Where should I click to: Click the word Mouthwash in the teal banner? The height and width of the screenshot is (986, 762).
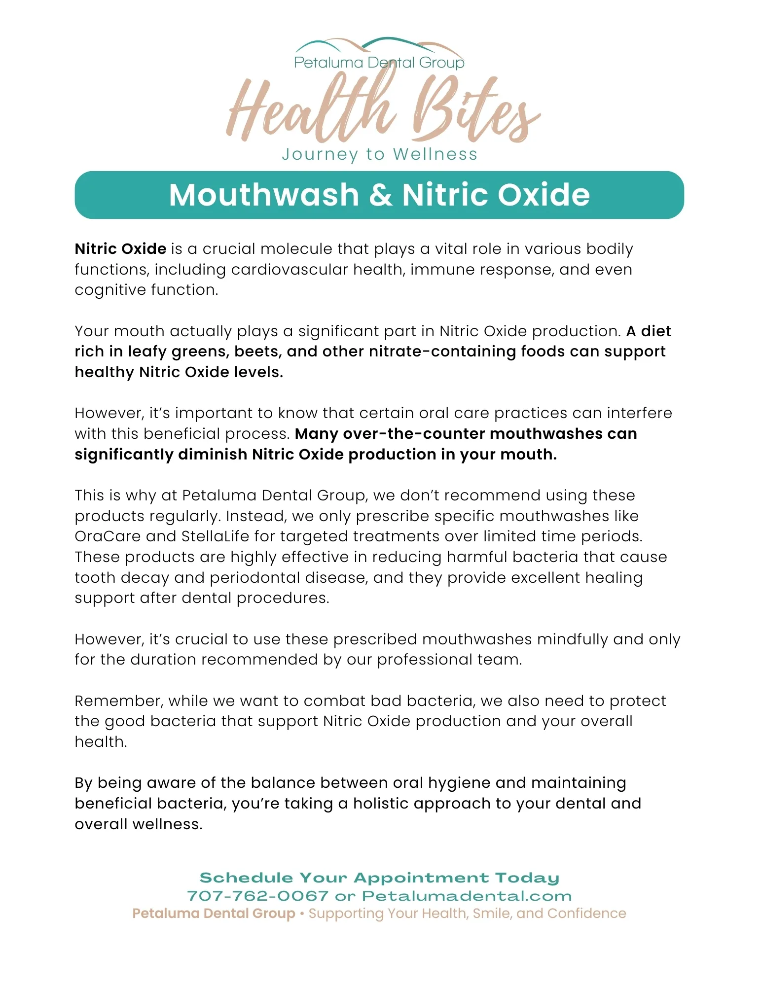[264, 195]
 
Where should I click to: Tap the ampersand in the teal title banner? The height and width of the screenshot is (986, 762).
[380, 195]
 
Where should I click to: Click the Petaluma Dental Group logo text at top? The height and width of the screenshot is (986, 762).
[379, 63]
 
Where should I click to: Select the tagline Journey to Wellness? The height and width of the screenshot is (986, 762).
[379, 154]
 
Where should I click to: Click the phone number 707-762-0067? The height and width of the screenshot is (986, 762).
[257, 896]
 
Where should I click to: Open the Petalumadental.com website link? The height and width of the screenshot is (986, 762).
[467, 896]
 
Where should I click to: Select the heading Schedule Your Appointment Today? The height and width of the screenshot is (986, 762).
[379, 878]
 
